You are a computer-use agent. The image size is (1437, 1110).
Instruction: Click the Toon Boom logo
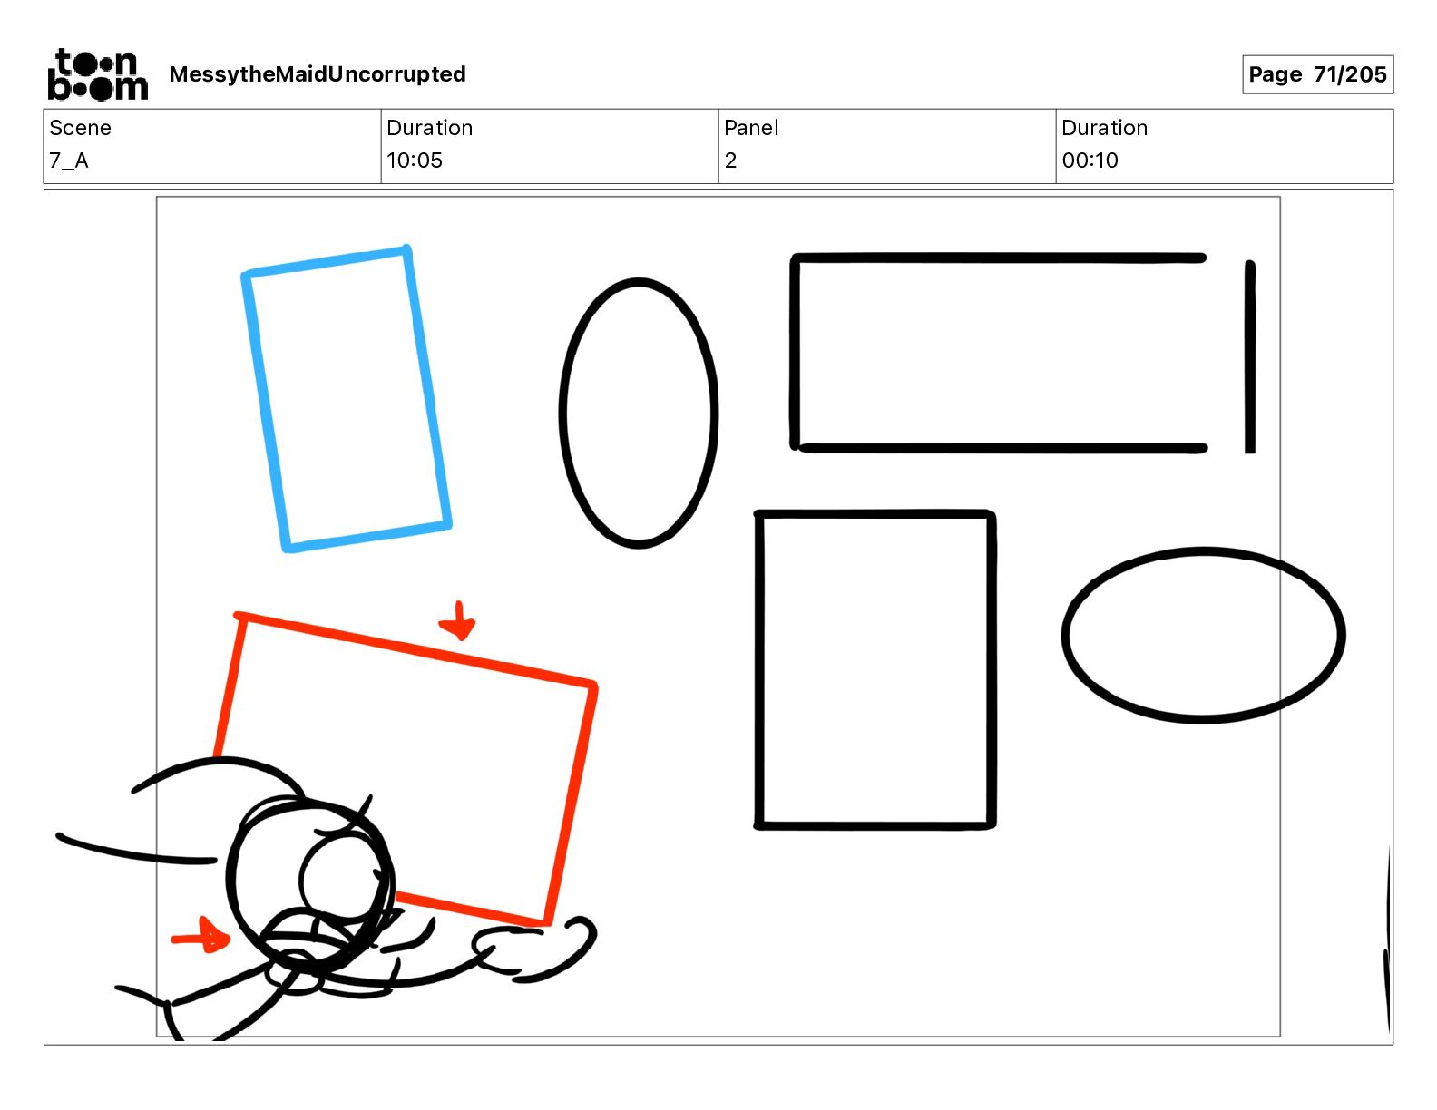click(x=97, y=74)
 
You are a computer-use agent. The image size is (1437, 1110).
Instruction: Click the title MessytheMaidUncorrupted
click(x=318, y=74)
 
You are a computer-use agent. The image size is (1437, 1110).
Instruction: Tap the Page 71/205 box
click(x=1317, y=74)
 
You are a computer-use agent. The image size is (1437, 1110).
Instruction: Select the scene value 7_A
click(x=69, y=161)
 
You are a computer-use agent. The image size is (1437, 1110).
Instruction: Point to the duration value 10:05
click(x=414, y=161)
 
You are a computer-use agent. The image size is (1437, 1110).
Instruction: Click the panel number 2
click(x=730, y=161)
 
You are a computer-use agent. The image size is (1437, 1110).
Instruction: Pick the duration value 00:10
click(x=1090, y=161)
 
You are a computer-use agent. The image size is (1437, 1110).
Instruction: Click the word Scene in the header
click(x=80, y=128)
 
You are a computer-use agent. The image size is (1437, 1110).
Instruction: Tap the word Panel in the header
click(x=751, y=128)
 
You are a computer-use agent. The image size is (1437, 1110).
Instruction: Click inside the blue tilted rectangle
click(x=347, y=399)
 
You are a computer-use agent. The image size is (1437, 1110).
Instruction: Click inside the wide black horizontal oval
click(x=1203, y=635)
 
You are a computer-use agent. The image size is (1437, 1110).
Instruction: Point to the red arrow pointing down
click(x=457, y=620)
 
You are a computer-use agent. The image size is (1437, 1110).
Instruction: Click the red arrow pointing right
click(x=201, y=936)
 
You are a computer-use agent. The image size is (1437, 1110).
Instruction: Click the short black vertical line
click(x=1250, y=357)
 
